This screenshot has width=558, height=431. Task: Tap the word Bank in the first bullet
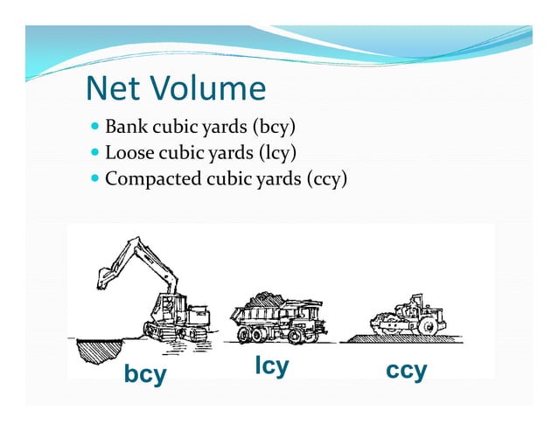pyautogui.click(x=124, y=129)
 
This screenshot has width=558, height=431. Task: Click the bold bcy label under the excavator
pyautogui.click(x=145, y=374)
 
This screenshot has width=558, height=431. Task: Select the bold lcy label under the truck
pyautogui.click(x=271, y=365)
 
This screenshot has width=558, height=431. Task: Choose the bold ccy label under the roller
pyautogui.click(x=407, y=371)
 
